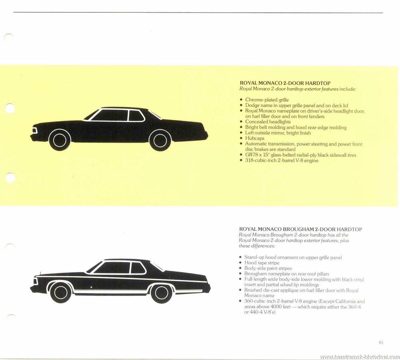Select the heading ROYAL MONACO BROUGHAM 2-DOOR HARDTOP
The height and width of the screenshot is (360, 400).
point(300,229)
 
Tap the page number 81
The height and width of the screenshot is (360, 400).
point(381,342)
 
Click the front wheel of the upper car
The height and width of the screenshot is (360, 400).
point(60,140)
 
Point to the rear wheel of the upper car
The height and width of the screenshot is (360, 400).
point(160,140)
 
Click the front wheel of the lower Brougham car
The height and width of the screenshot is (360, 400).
point(61,293)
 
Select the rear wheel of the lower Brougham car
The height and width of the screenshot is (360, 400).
point(161,293)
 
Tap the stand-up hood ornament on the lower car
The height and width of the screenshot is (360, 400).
point(40,273)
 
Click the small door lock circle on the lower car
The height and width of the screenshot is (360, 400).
point(91,287)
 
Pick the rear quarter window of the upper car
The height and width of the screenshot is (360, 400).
point(136,115)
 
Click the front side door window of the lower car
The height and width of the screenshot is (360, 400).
point(112,268)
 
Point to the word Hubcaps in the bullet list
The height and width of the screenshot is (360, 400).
point(255,138)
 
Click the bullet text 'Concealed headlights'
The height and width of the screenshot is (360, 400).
point(268,122)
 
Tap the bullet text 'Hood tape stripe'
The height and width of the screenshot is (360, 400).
point(262,263)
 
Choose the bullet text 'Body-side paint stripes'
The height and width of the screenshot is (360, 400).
point(268,268)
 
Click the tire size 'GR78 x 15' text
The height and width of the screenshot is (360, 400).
point(257,155)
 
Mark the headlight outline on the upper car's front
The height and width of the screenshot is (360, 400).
point(35,131)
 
